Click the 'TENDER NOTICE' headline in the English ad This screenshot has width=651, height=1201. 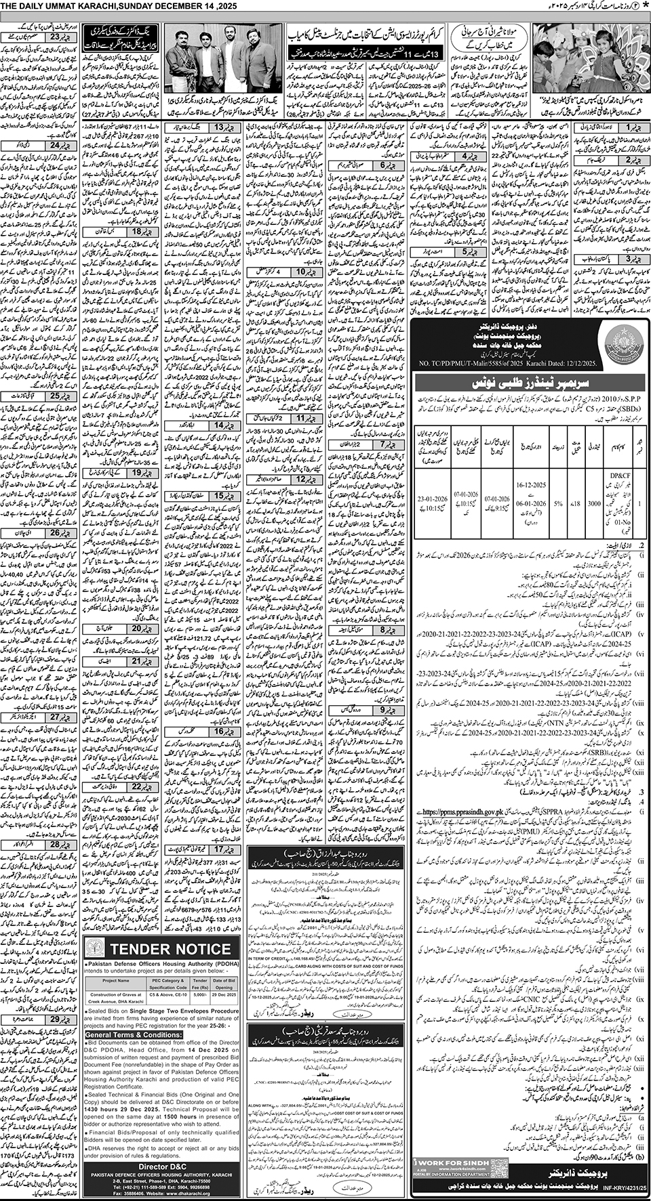point(161,948)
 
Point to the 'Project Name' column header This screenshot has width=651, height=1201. point(116,981)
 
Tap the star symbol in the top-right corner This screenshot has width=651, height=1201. point(644,5)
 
